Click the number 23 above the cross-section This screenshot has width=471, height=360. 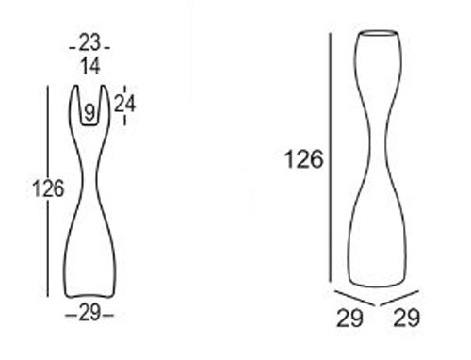(89, 43)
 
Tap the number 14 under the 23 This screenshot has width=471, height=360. (89, 66)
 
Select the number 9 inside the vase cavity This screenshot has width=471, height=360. (89, 113)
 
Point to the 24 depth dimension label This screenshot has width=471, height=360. (124, 105)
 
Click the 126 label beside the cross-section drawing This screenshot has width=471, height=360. (46, 188)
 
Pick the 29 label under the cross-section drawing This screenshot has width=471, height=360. (89, 314)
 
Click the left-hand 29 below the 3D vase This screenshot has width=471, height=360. (350, 319)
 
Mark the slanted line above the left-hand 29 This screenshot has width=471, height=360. (352, 296)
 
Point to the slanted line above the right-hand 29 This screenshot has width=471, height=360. (401, 296)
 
